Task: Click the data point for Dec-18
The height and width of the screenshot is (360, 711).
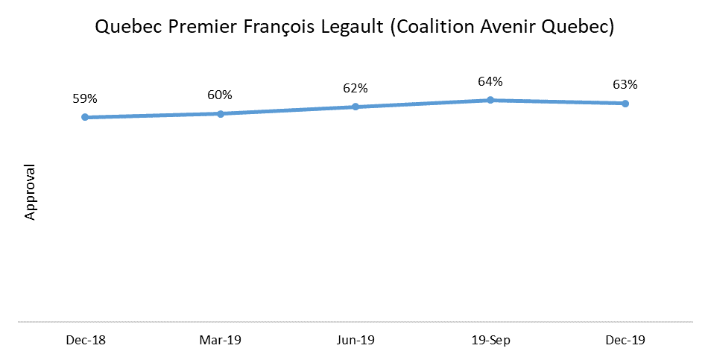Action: click(x=85, y=117)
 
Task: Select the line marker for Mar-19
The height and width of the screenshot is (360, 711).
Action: click(x=220, y=113)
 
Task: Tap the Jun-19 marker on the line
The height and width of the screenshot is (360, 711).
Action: click(x=355, y=107)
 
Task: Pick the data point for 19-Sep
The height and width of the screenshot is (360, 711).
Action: click(x=490, y=99)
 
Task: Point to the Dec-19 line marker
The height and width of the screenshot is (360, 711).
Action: click(x=625, y=103)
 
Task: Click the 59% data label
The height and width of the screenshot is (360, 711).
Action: click(x=85, y=98)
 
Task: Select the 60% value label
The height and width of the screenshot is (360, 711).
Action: click(x=220, y=95)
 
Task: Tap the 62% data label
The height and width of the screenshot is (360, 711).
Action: click(x=355, y=88)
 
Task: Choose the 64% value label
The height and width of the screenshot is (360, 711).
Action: click(x=490, y=81)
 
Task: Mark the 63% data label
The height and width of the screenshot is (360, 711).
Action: click(x=625, y=84)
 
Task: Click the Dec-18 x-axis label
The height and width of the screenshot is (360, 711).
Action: click(x=85, y=340)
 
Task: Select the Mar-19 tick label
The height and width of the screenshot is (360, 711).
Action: click(x=220, y=340)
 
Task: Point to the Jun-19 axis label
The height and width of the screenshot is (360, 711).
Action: click(x=355, y=340)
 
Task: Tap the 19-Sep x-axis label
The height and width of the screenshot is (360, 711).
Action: click(x=490, y=340)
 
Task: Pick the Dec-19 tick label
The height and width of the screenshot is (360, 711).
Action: click(x=625, y=340)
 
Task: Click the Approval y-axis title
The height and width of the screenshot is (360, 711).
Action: click(x=31, y=192)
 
